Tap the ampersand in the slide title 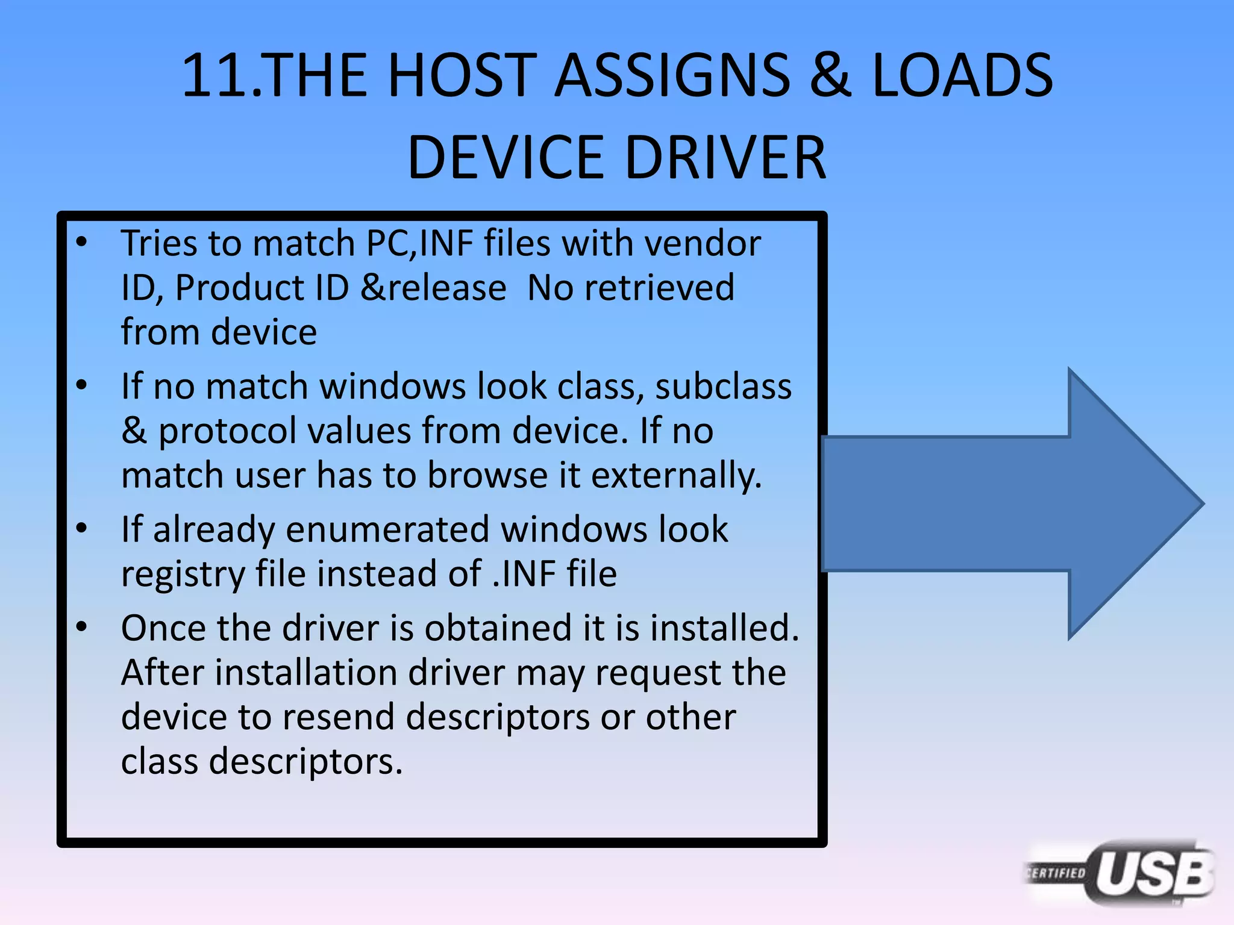830,75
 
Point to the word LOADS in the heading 962,75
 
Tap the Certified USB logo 1121,873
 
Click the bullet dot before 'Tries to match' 82,243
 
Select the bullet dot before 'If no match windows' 82,385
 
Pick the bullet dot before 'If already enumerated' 82,529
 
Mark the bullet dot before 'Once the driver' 82,628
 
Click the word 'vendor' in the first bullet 702,243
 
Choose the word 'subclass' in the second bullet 723,386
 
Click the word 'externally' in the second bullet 675,475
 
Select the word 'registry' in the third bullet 183,574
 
